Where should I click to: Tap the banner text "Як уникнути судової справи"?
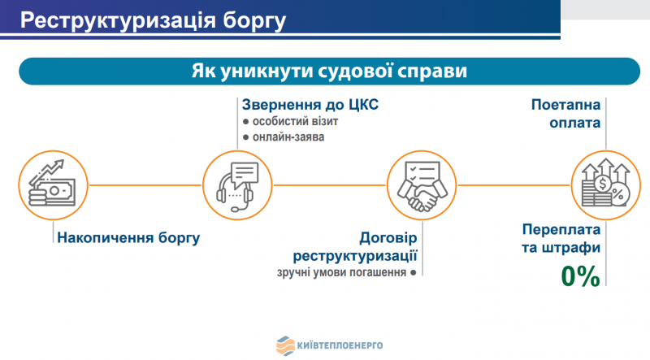(329, 71)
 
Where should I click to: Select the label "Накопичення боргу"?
(128, 238)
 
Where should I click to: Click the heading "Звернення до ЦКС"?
(310, 105)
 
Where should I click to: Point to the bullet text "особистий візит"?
(295, 122)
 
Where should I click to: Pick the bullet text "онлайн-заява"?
(288, 137)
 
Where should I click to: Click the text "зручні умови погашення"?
(341, 272)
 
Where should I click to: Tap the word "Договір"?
(388, 238)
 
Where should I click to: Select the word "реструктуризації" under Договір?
(355, 256)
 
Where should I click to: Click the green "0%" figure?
(580, 276)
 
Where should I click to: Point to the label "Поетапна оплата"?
(565, 114)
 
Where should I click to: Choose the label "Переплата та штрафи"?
(561, 238)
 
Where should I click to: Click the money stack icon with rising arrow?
(53, 185)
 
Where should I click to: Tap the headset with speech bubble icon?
(237, 186)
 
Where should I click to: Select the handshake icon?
(422, 185)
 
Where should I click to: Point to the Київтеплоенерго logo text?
(340, 345)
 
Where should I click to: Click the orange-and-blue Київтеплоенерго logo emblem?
(285, 345)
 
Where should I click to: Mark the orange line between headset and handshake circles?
(330, 185)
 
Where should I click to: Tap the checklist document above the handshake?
(422, 172)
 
